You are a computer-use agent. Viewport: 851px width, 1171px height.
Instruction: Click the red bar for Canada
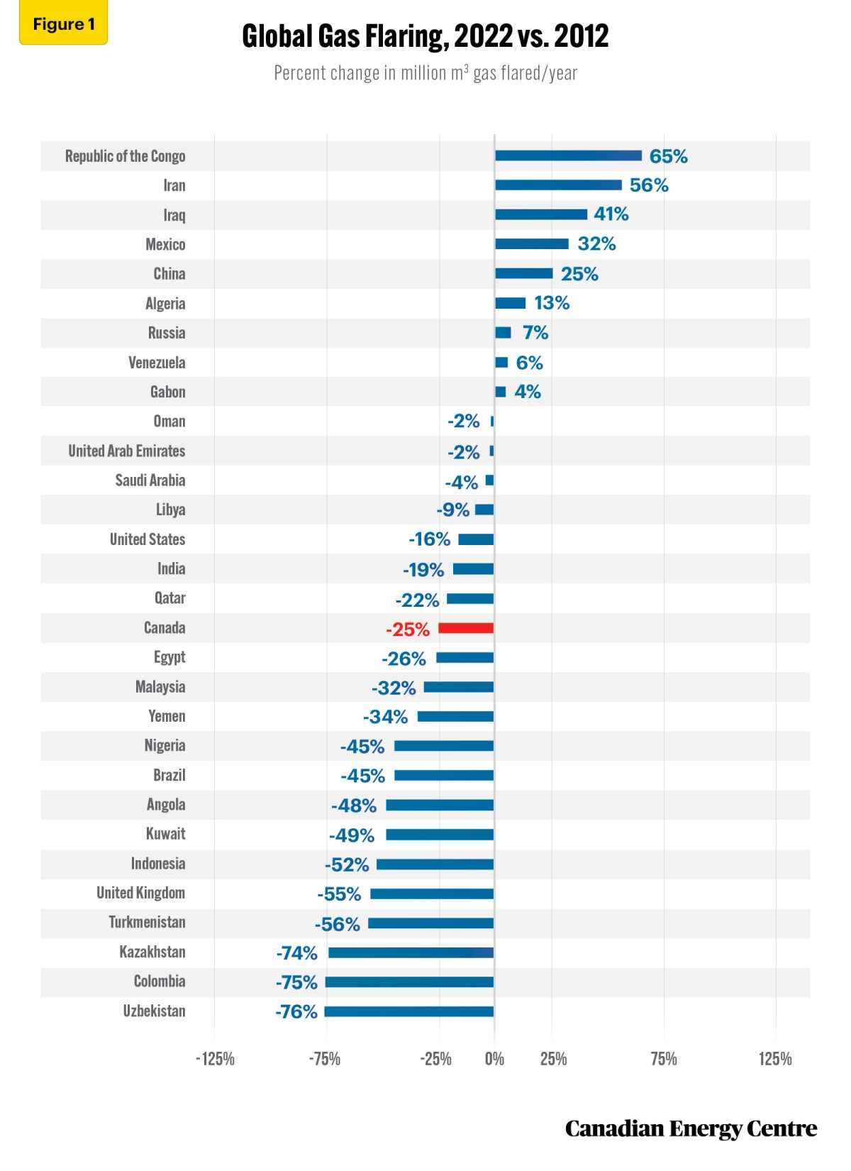point(466,628)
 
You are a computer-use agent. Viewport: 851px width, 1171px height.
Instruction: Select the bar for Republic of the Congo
point(568,155)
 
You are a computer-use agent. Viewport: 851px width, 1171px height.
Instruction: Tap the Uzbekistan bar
point(409,1011)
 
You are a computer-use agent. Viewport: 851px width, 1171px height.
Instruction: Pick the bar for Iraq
point(541,214)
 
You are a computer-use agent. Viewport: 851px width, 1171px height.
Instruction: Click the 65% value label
point(668,156)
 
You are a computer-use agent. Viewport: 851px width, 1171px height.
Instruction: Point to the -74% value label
point(296,952)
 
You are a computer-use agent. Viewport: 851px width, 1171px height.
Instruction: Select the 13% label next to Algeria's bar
point(552,303)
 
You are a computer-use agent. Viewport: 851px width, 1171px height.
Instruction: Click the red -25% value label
point(408,630)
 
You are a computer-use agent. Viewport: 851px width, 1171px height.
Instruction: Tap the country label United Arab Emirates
point(126,451)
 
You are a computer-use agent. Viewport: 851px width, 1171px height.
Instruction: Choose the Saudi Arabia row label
point(150,480)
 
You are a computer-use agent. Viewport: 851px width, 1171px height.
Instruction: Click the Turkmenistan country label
point(147,923)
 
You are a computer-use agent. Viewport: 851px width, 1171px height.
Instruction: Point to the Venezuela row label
point(157,363)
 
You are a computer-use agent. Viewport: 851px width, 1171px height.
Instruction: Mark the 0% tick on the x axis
point(494,1059)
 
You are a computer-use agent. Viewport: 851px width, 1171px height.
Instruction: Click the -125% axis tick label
point(215,1059)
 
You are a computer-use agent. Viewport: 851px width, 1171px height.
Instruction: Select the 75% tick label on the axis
point(663,1059)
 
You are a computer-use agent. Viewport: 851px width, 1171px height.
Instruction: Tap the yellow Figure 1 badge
point(63,25)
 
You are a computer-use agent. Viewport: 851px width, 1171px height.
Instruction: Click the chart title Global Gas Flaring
point(425,36)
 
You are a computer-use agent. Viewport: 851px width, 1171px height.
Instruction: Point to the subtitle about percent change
point(425,73)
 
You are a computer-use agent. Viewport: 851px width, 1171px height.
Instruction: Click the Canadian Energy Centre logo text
point(691,1128)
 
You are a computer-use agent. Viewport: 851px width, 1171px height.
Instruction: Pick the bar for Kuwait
point(440,835)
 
